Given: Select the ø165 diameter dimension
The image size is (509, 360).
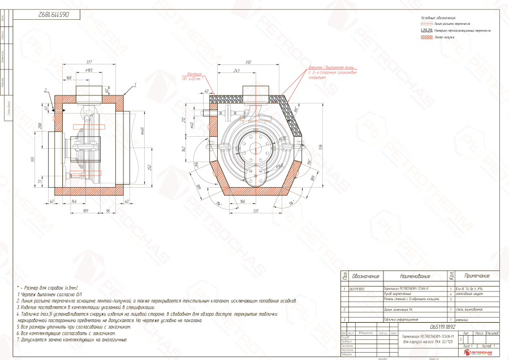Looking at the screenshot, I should (x=89, y=70).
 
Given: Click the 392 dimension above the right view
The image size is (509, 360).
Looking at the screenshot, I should (x=249, y=63).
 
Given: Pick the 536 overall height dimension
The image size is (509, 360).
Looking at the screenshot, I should (x=320, y=147).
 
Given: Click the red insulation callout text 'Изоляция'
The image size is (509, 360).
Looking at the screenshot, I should (x=196, y=74).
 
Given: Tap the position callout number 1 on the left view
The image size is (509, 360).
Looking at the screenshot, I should (x=135, y=84).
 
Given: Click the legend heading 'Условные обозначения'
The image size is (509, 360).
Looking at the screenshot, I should (x=438, y=19).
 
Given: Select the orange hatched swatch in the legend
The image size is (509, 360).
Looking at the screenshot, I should (x=426, y=36).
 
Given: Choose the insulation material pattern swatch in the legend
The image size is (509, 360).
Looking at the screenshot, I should (x=426, y=30).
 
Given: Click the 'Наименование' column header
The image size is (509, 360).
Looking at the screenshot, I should (x=416, y=276).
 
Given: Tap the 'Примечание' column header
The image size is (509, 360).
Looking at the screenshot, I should (x=477, y=276).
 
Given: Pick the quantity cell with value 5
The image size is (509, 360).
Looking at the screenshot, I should (x=450, y=298).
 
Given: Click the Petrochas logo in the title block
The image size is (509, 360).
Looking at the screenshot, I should (x=478, y=352).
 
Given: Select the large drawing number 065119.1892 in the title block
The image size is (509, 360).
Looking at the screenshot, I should (x=445, y=327).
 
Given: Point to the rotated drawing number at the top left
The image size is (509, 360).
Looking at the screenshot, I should (x=44, y=11).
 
